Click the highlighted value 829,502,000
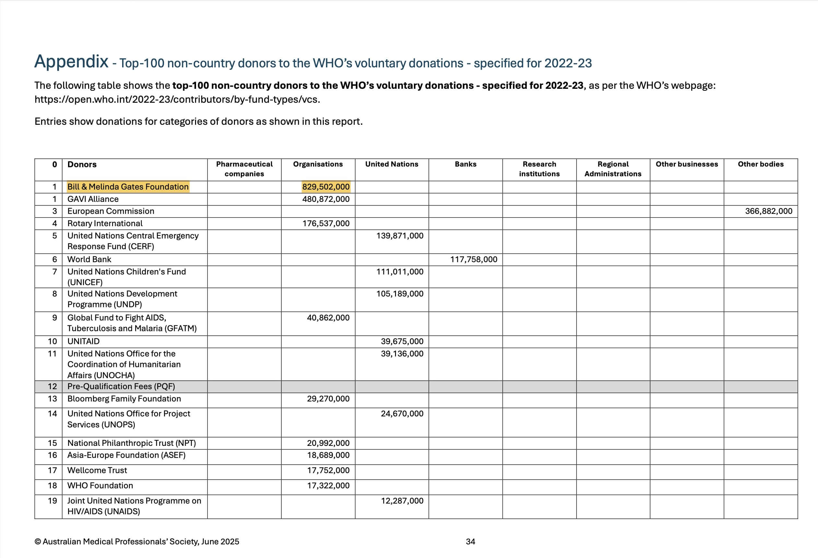point(326,187)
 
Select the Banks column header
point(465,164)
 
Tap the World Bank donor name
point(89,259)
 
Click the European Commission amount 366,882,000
point(768,211)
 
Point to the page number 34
point(470,541)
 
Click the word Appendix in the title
point(71,62)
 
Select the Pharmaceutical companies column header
point(244,169)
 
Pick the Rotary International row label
point(105,223)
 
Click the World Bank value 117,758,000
point(473,259)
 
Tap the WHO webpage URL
point(177,99)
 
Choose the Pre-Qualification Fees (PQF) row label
point(121,386)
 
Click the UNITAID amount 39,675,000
point(402,341)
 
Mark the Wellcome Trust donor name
point(97,471)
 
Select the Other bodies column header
point(761,164)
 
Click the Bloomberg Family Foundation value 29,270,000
point(328,399)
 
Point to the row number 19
point(52,501)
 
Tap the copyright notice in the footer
point(136,541)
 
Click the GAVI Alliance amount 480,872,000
point(326,199)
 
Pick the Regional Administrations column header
point(613,169)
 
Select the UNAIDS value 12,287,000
point(402,501)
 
